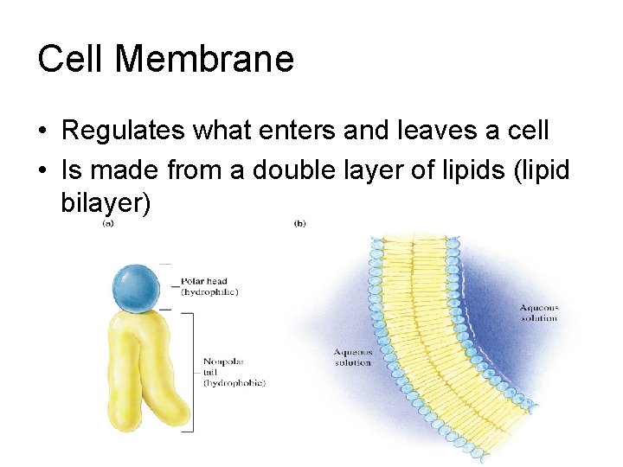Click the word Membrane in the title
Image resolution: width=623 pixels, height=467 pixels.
point(204,59)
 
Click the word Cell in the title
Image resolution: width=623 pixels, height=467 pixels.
point(72,59)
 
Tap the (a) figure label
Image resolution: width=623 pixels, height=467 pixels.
point(108,224)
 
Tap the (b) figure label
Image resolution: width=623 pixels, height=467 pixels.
point(299,224)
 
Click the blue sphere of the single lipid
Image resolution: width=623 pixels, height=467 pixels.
point(136,285)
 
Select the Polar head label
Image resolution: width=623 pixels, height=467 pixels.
point(205,281)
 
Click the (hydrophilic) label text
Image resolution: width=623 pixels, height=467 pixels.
point(209,292)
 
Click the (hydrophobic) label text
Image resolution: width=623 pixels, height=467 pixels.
point(234,382)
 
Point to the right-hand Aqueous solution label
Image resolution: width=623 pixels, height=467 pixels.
point(539,313)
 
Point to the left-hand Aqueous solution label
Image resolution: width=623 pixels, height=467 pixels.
point(353,357)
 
